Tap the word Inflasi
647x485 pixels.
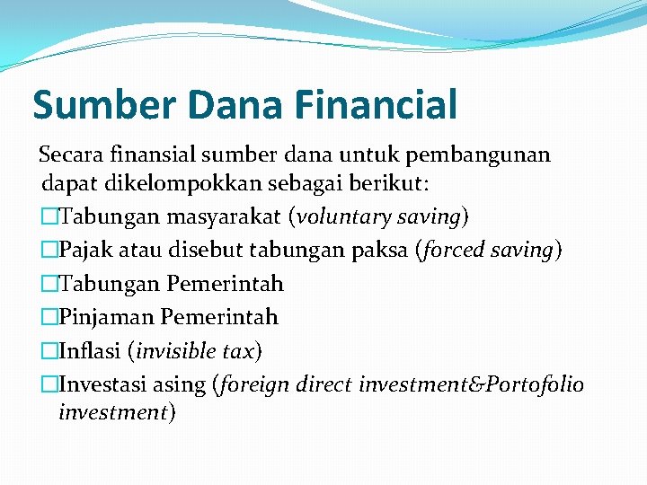coord(90,350)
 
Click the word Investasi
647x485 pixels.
coord(104,384)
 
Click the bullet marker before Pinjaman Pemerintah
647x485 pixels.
coord(49,317)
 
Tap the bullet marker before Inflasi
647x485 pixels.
coord(49,350)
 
